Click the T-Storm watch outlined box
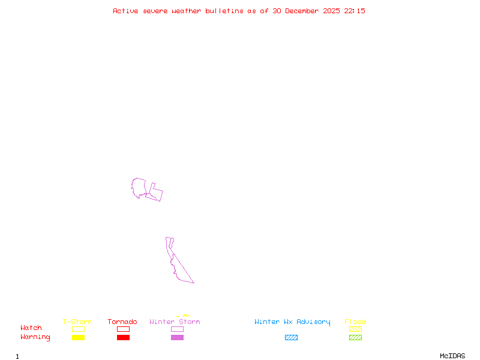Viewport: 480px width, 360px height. pos(78,329)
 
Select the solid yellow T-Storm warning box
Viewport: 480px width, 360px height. pos(78,338)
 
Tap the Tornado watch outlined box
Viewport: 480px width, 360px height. pos(123,329)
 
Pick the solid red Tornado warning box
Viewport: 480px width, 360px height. pos(123,338)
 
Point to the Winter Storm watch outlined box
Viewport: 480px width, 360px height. pos(177,329)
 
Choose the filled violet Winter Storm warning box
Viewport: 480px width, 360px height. pos(177,338)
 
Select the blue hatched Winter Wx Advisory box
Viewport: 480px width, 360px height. pos(291,338)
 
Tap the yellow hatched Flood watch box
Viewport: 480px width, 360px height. pos(355,329)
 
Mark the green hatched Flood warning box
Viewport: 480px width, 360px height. pos(355,338)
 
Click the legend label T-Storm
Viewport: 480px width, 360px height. pos(77,322)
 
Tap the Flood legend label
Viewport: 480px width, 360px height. pos(355,322)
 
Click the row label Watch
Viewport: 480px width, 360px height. pos(31,328)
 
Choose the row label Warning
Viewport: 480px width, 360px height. pos(35,337)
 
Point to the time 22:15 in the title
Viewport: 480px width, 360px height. pos(354,11)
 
